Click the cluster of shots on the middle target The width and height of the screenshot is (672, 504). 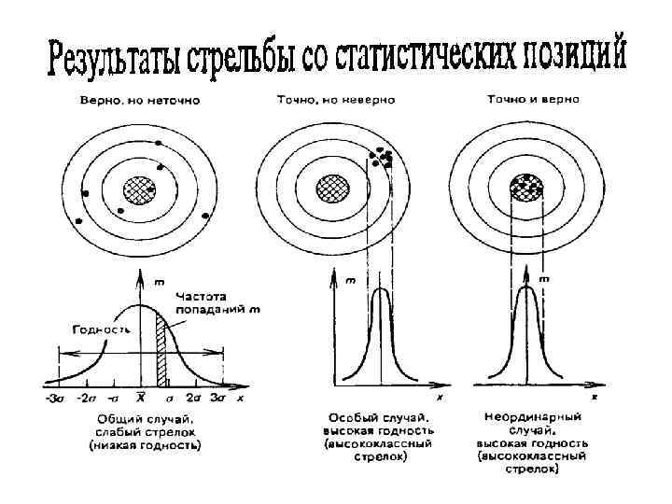384,156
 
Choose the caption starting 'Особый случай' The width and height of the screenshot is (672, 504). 378,437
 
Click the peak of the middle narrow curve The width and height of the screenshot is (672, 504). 380,288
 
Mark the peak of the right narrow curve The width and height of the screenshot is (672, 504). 525,285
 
